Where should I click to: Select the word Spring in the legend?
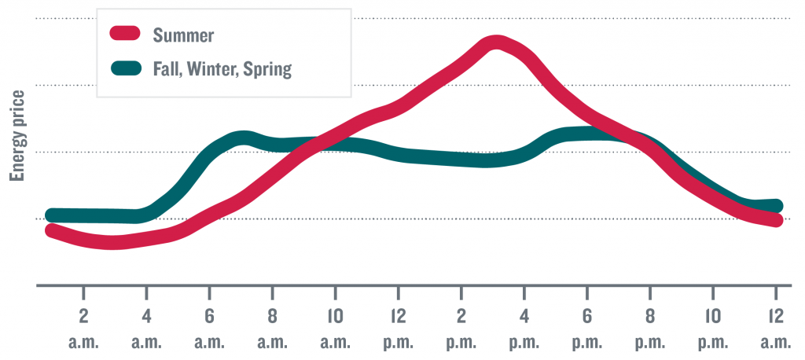click(x=266, y=70)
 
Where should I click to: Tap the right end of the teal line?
click(x=777, y=206)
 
